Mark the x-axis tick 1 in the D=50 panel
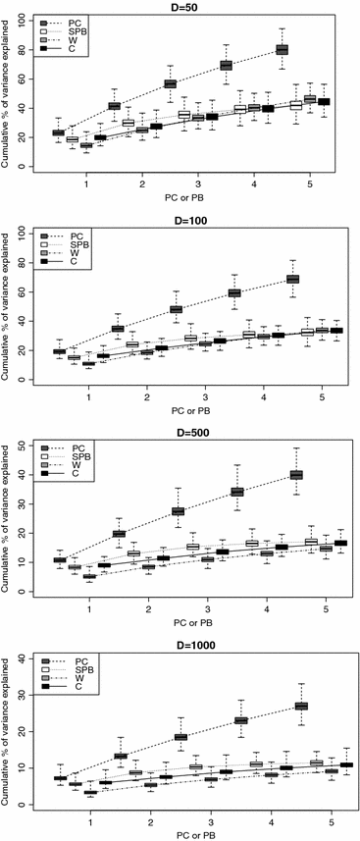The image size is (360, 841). click(86, 182)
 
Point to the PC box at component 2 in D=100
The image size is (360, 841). click(118, 329)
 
